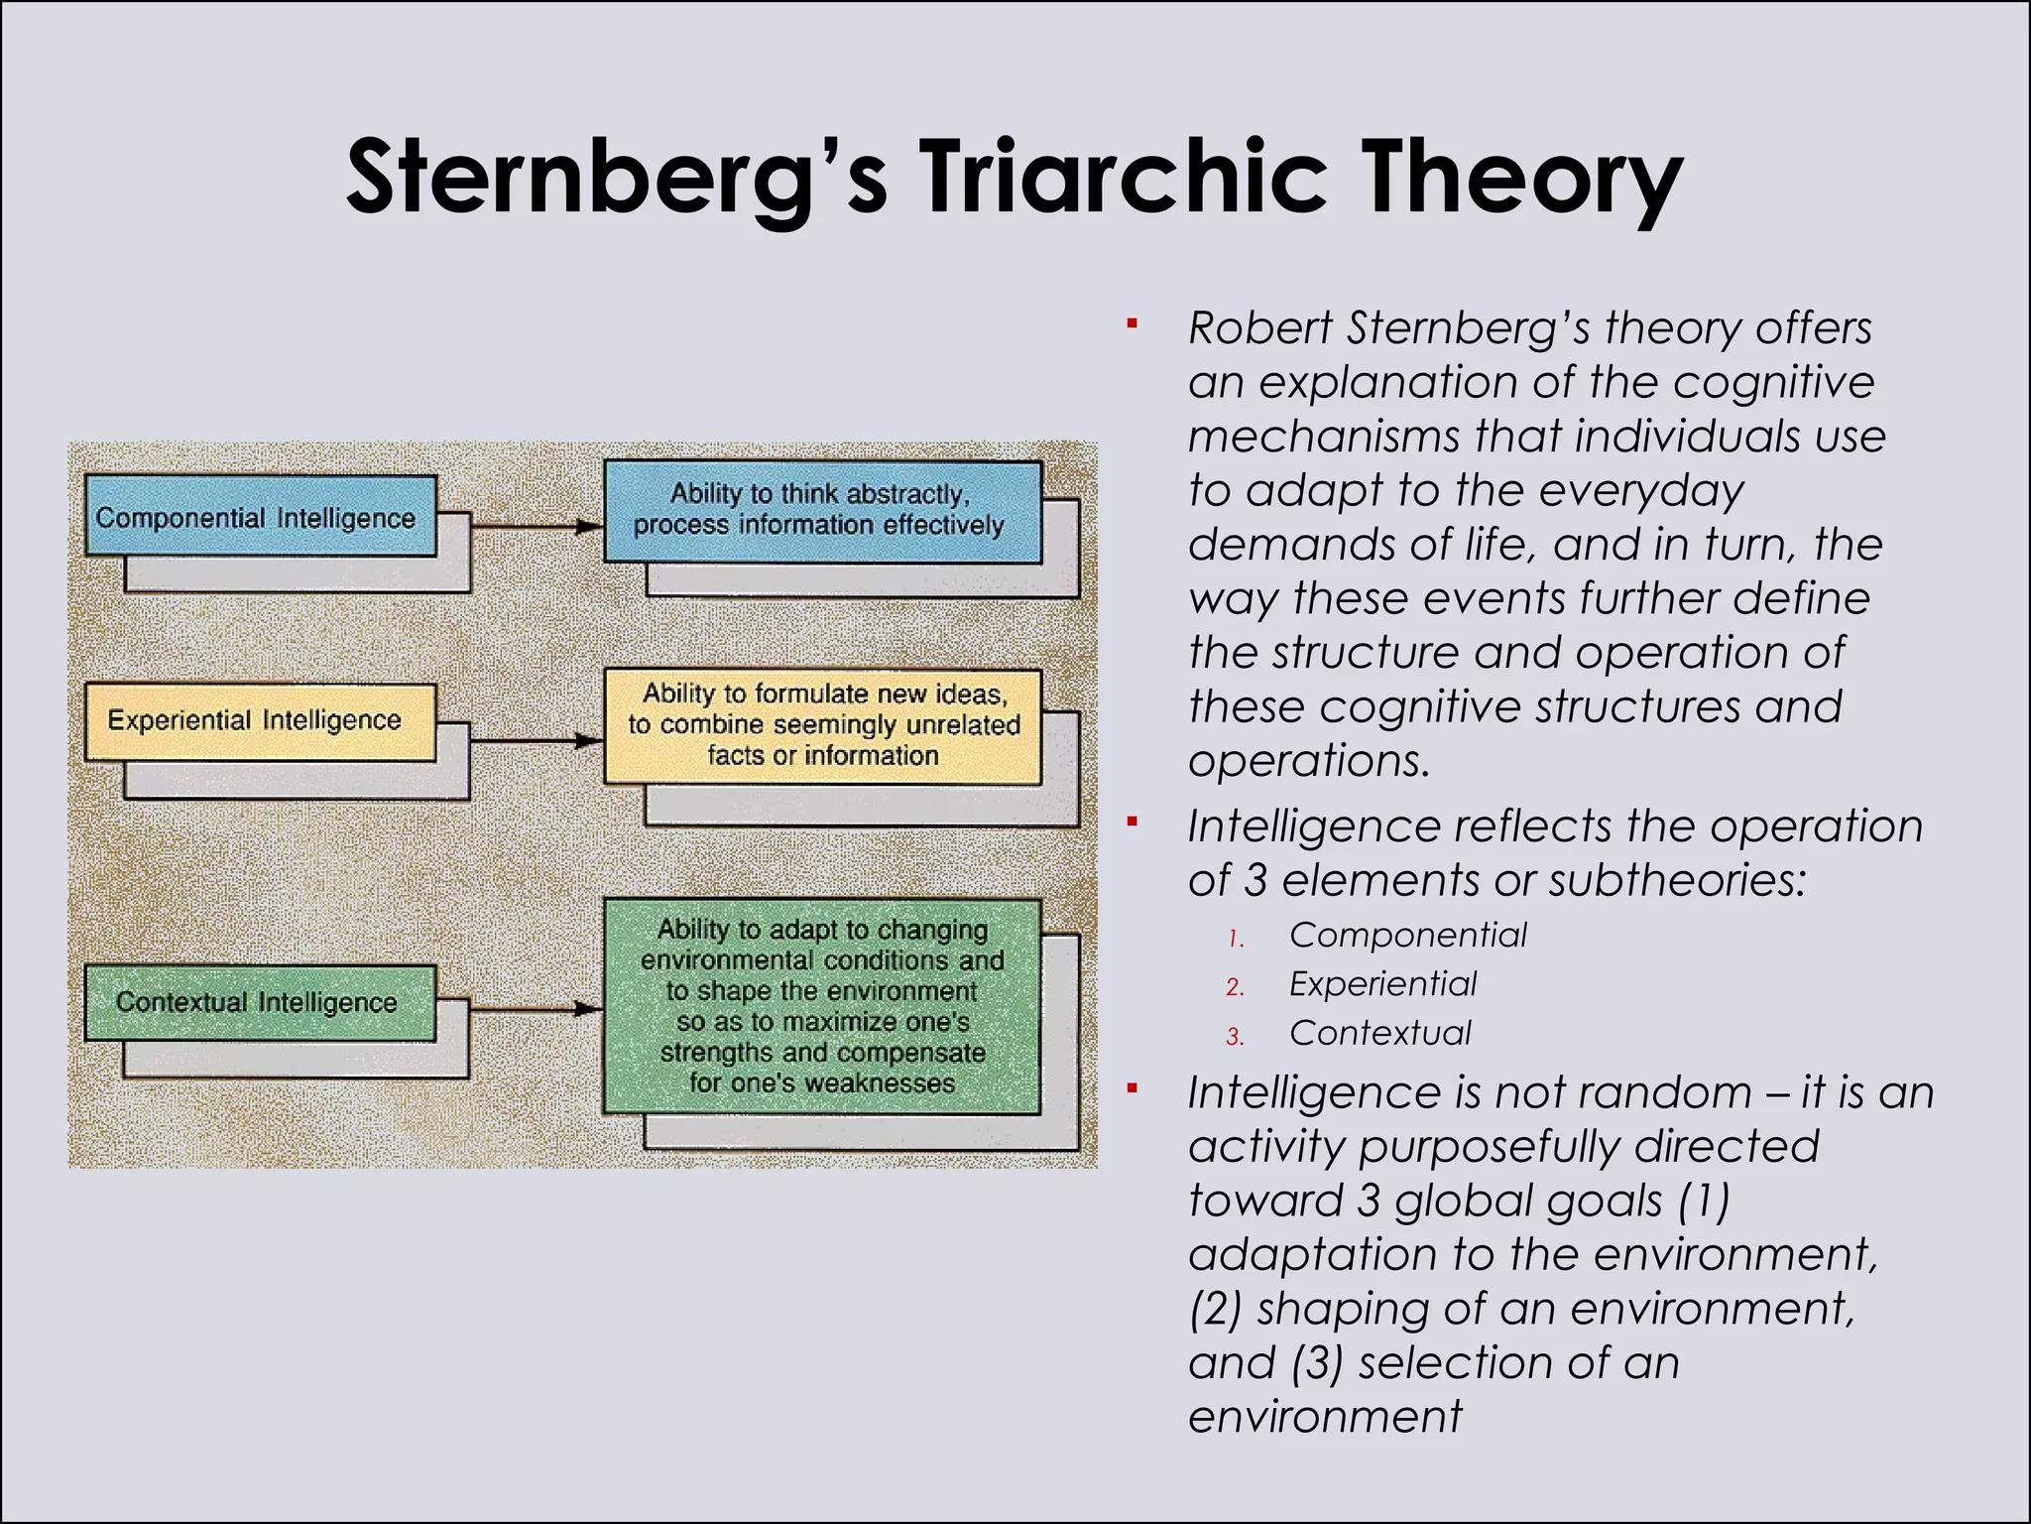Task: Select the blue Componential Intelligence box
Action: [260, 517]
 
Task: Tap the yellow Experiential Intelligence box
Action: [260, 721]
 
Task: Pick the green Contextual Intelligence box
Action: [260, 1002]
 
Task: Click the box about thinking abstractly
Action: [822, 510]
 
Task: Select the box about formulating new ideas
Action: [822, 725]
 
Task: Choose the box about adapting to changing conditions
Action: [822, 1006]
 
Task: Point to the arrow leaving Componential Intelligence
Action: [536, 527]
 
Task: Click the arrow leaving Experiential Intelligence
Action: [536, 740]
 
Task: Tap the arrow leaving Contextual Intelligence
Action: [536, 1009]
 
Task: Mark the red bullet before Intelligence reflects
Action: [1132, 822]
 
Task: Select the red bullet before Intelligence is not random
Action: [1132, 1088]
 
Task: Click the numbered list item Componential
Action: [1407, 936]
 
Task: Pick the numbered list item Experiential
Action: [1382, 984]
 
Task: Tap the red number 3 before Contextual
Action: [1235, 1037]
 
